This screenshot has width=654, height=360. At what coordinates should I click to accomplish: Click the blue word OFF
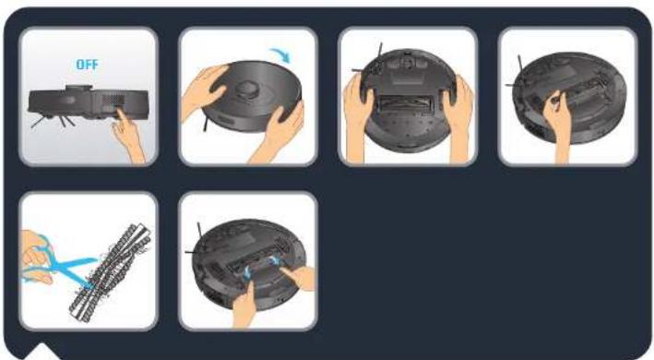click(88, 65)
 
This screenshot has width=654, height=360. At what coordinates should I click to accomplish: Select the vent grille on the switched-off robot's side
click(113, 100)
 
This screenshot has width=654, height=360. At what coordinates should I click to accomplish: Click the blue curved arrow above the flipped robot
click(281, 54)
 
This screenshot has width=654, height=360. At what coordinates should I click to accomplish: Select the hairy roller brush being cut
click(110, 272)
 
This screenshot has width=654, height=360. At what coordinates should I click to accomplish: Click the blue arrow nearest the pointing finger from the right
click(274, 261)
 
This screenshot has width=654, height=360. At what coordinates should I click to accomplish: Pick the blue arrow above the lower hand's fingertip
click(247, 272)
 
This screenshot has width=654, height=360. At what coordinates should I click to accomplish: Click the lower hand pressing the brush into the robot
click(244, 306)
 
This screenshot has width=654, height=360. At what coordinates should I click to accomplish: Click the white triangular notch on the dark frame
click(42, 351)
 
